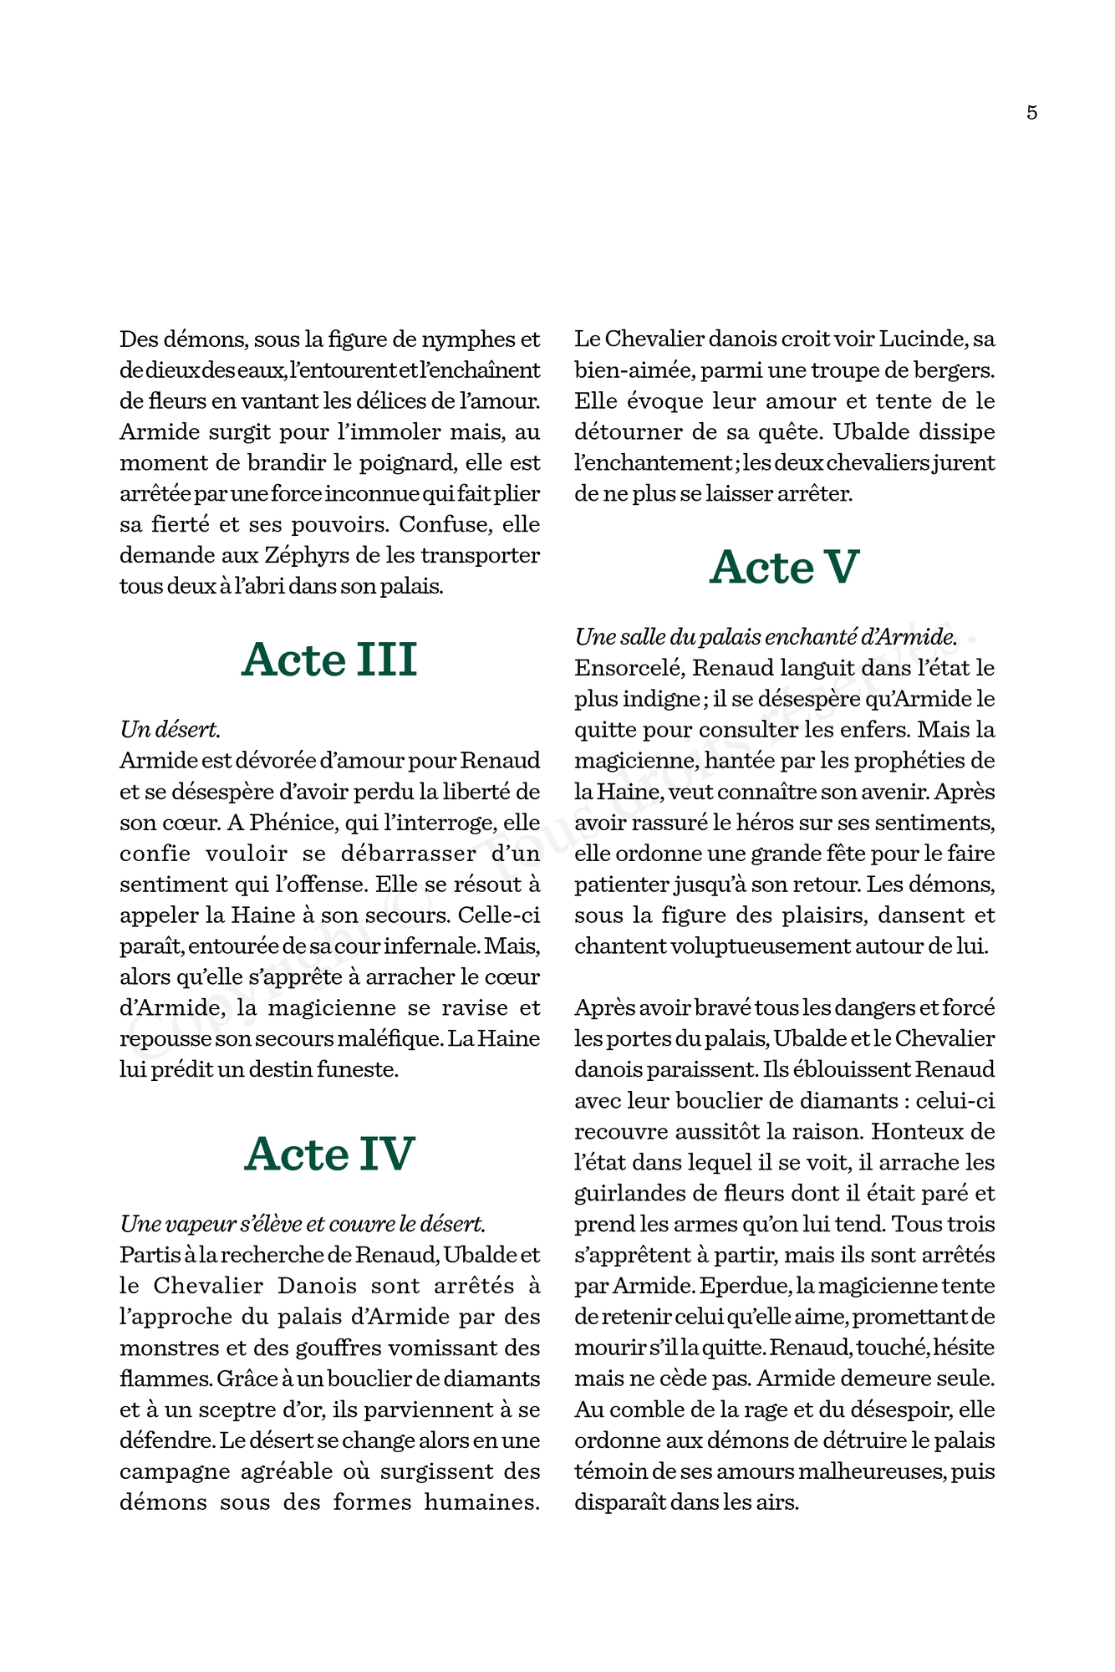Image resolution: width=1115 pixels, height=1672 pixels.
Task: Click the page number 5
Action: click(1031, 113)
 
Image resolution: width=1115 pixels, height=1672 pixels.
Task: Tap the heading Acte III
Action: click(329, 660)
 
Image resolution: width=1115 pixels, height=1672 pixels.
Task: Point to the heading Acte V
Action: click(784, 567)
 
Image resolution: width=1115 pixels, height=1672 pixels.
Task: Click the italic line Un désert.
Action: click(171, 730)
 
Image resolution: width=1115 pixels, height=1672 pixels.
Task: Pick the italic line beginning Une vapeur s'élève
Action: click(303, 1224)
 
